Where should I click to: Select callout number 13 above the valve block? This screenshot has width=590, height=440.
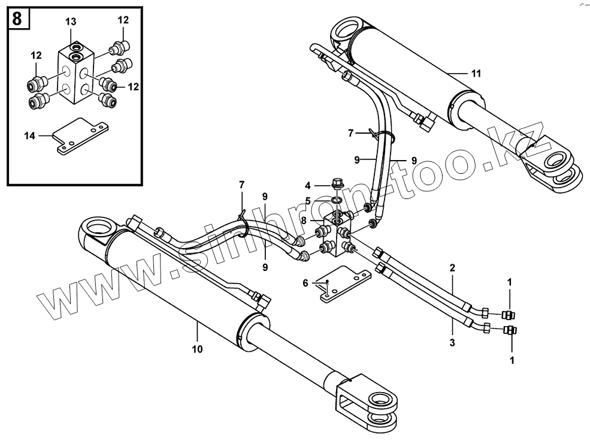[x=71, y=22]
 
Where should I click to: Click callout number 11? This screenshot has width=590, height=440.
[x=476, y=74]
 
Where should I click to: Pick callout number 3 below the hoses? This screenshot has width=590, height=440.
[x=452, y=343]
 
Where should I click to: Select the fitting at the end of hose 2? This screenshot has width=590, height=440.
[x=484, y=312]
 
